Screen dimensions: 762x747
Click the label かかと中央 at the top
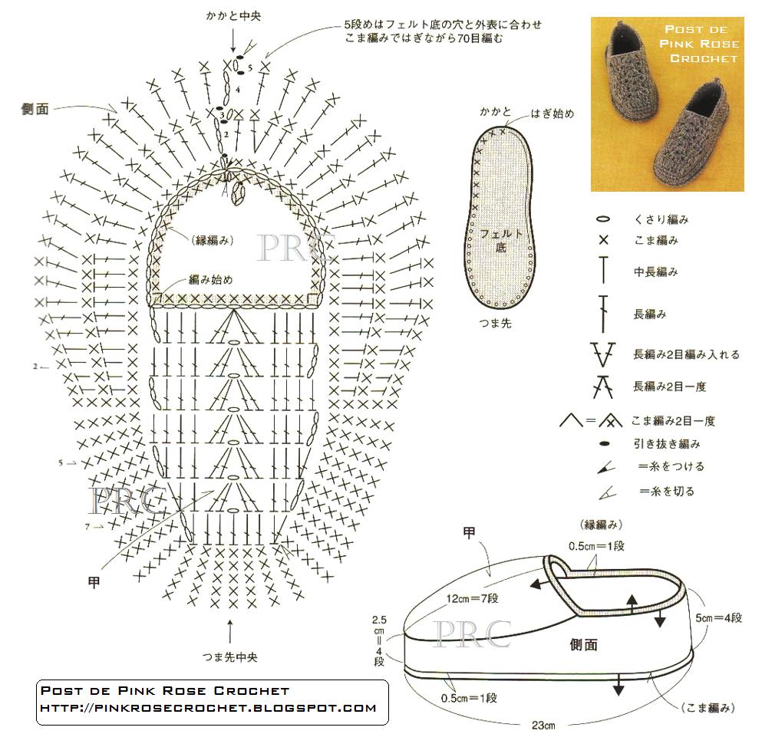[x=233, y=16]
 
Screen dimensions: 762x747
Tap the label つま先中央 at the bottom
[x=230, y=657]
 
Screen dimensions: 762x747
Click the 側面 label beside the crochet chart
[x=35, y=110]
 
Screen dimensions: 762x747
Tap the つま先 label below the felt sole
[x=495, y=323]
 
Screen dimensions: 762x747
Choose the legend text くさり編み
[x=659, y=219]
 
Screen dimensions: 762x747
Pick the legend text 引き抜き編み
[x=666, y=443]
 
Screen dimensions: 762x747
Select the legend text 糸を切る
[x=666, y=491]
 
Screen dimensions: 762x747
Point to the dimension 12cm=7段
[x=472, y=598]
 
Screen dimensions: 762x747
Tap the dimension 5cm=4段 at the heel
[x=719, y=617]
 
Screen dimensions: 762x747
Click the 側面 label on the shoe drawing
[x=583, y=645]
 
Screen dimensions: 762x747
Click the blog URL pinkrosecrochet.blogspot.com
[x=207, y=708]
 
